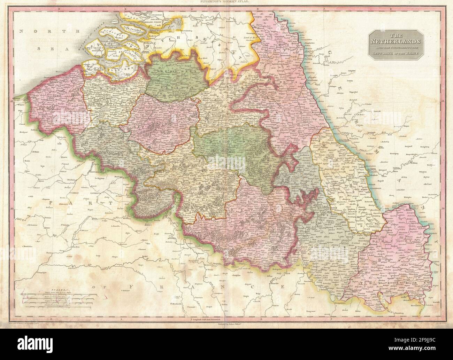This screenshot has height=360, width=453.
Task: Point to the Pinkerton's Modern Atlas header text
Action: click(226, 2)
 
